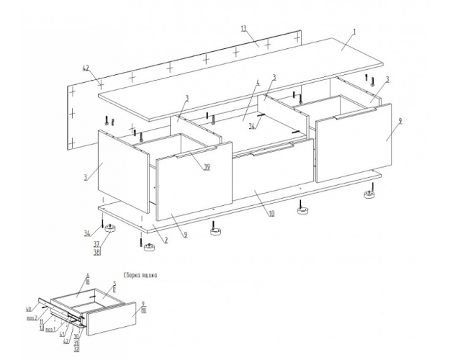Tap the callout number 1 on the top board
click(x=354, y=33)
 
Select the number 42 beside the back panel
click(x=86, y=68)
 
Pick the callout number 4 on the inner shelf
click(x=258, y=84)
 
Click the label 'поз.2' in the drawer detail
click(x=32, y=317)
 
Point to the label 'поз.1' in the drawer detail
click(x=50, y=330)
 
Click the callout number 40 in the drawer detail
click(x=30, y=310)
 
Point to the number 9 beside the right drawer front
click(x=400, y=120)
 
